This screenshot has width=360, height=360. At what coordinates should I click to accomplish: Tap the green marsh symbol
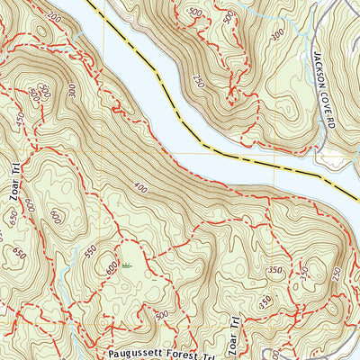(125, 265)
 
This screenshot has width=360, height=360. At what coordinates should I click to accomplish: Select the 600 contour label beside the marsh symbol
(111, 267)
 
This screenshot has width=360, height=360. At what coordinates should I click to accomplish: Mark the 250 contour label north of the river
(222, 82)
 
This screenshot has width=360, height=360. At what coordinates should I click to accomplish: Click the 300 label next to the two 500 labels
(69, 90)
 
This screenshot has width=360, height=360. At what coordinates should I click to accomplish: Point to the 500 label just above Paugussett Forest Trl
(160, 314)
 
